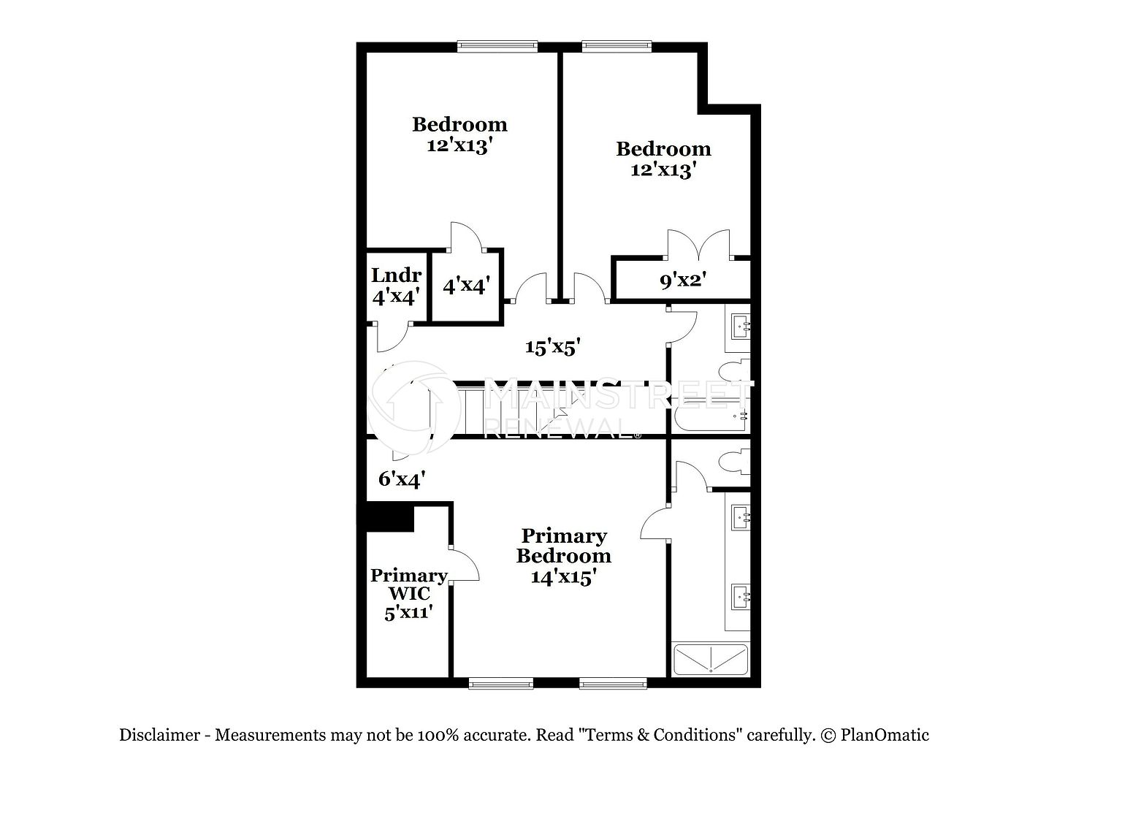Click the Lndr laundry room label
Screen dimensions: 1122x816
tap(396, 275)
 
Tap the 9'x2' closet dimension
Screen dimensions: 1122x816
tap(683, 281)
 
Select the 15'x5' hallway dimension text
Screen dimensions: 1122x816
tap(552, 347)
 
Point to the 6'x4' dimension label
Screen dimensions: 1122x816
tap(402, 479)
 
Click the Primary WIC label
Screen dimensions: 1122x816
tap(409, 584)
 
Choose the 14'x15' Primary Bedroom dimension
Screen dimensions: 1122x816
tap(563, 577)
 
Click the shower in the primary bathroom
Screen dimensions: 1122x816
tap(711, 660)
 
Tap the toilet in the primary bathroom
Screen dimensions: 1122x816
tap(734, 462)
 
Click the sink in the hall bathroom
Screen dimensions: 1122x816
tap(741, 326)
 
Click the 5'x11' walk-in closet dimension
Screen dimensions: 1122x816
tap(409, 613)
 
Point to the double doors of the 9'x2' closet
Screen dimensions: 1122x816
tap(698, 244)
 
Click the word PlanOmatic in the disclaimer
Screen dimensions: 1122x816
tap(885, 735)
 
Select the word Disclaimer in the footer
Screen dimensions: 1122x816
tap(160, 735)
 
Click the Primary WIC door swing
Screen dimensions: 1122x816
tap(465, 565)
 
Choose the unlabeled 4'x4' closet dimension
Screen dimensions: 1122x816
tap(466, 286)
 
